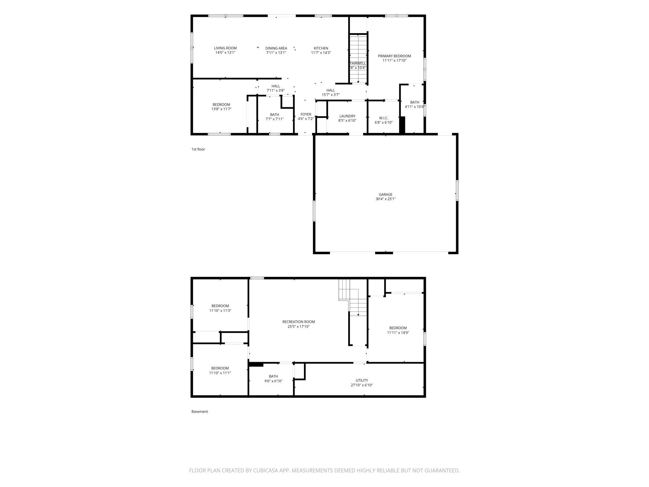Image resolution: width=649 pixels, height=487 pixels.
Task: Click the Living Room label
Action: tap(225, 48)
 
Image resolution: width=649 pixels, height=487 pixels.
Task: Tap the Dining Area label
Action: tap(276, 48)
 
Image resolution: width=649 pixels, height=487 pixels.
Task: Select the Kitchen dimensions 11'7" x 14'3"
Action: tap(321, 53)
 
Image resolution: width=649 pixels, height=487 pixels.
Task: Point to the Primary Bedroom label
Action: tap(394, 56)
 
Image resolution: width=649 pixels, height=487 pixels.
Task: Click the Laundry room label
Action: tap(347, 116)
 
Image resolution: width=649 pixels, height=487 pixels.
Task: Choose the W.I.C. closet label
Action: tap(383, 118)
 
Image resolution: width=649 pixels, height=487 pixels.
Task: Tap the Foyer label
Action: tap(306, 114)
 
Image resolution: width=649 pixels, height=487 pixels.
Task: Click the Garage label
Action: tap(386, 194)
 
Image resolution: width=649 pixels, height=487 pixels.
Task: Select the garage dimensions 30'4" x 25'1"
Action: tap(386, 199)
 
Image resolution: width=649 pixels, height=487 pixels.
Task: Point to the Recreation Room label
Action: tap(299, 322)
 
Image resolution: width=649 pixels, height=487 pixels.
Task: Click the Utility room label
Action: tap(362, 380)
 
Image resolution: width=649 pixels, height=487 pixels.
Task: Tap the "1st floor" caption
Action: tap(198, 149)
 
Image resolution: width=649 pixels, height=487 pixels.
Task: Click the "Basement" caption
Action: tap(200, 411)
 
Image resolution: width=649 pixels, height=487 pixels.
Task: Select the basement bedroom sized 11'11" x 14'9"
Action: tap(398, 332)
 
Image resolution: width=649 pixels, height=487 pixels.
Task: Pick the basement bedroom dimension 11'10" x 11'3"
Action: tap(220, 311)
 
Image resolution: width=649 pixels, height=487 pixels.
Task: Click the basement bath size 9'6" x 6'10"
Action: tap(273, 381)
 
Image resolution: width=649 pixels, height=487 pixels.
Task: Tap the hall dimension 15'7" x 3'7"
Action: tap(331, 95)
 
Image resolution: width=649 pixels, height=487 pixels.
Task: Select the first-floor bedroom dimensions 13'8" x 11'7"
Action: tap(221, 109)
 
